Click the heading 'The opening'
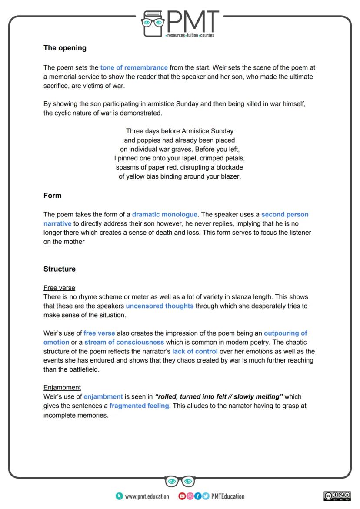(65, 48)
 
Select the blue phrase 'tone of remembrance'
(134, 68)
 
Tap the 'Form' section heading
(53, 196)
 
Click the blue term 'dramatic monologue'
(165, 215)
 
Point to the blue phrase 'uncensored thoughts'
(160, 306)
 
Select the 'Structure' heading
(60, 269)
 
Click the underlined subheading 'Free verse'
(59, 288)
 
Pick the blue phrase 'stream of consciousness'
(124, 343)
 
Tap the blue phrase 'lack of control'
(195, 352)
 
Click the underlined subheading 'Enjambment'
(62, 387)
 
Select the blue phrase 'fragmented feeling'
(140, 406)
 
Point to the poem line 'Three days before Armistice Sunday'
(180, 131)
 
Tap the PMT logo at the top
(180, 24)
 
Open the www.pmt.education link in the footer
(147, 496)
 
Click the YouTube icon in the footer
(182, 496)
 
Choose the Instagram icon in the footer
(190, 496)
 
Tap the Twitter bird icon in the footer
(205, 496)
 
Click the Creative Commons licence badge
(337, 496)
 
